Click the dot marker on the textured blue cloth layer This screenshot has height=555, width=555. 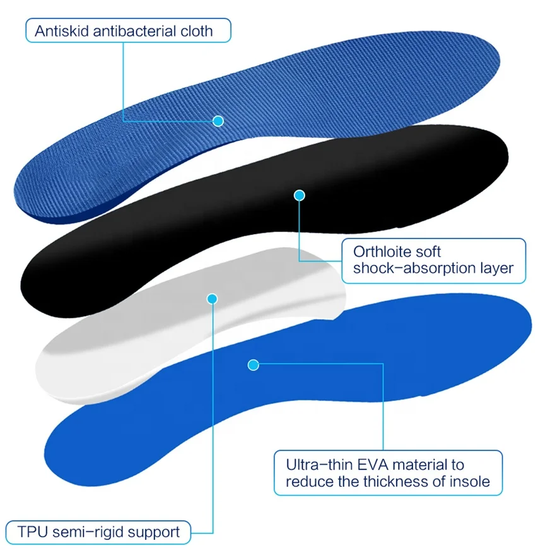click(218, 120)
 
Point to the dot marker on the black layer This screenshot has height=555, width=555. click(300, 196)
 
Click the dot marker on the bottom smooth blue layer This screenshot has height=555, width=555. click(254, 365)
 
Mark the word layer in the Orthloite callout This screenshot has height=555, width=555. click(496, 268)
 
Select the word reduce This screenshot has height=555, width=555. click(308, 482)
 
